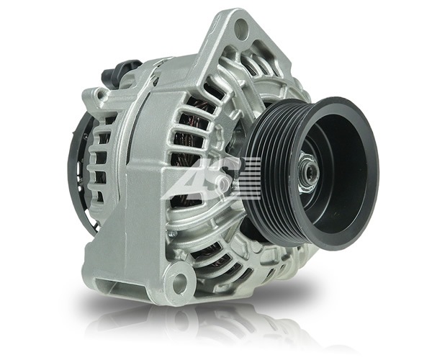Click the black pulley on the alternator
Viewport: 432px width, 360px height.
[x=311, y=174]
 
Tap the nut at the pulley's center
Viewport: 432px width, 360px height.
[x=309, y=172]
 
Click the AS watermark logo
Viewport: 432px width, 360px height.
[x=212, y=179]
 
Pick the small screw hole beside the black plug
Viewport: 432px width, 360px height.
[x=102, y=95]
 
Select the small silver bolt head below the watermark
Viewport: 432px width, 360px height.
[x=173, y=235]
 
